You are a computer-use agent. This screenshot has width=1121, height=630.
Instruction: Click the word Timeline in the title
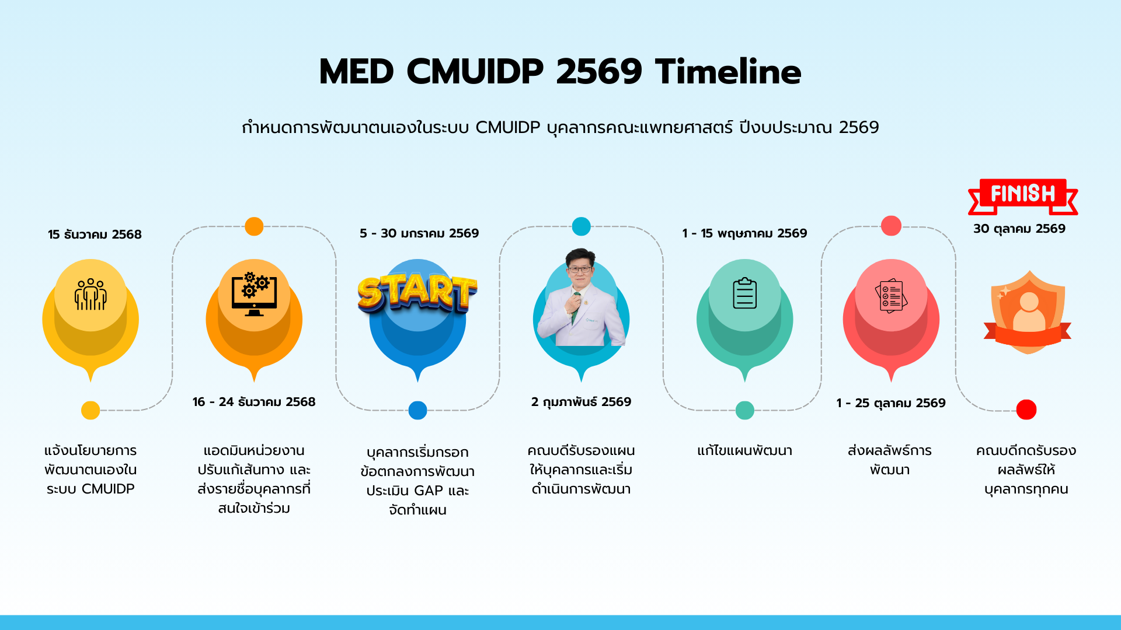pos(728,72)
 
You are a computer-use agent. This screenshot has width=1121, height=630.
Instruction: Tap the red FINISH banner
pos(1023,195)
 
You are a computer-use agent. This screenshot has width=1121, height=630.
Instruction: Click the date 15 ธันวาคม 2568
pos(95,235)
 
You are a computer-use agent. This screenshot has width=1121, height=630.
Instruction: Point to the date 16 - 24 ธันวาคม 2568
pos(254,402)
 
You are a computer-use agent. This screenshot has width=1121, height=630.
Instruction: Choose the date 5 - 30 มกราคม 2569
pos(419,233)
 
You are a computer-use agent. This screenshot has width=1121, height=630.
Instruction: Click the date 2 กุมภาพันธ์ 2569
pos(581,402)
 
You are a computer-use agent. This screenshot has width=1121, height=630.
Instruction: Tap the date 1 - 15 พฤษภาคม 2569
pos(744,233)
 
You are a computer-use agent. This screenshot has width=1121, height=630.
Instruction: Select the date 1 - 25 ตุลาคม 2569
pos(890,403)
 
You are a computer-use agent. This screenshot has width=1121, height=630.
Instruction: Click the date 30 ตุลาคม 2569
pos(1019,229)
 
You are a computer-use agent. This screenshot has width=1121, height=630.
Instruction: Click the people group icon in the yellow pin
pos(90,294)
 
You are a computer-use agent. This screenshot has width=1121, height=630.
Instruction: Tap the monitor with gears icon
pos(254,294)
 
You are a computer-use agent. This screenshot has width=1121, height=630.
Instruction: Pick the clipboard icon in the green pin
pos(744,293)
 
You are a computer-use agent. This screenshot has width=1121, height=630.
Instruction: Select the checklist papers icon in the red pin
pos(891,295)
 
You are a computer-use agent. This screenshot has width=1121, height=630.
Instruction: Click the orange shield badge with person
pos(1028,312)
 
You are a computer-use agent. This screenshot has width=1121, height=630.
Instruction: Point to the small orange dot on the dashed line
pos(254,226)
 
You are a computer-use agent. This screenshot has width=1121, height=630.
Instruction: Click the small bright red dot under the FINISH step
pos(1026,409)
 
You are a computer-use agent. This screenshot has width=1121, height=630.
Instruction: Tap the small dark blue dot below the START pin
pos(417,410)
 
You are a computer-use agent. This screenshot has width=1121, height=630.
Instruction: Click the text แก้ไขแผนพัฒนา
pos(744,451)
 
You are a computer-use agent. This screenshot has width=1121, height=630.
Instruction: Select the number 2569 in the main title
pos(598,72)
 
